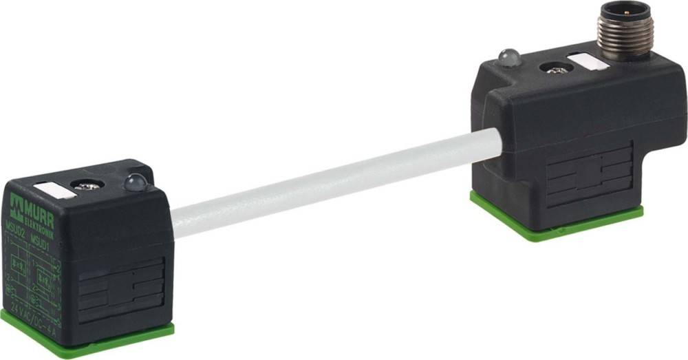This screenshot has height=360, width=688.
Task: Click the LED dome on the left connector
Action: pos(135,182)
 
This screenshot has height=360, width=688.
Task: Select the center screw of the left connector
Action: pos(89,186)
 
